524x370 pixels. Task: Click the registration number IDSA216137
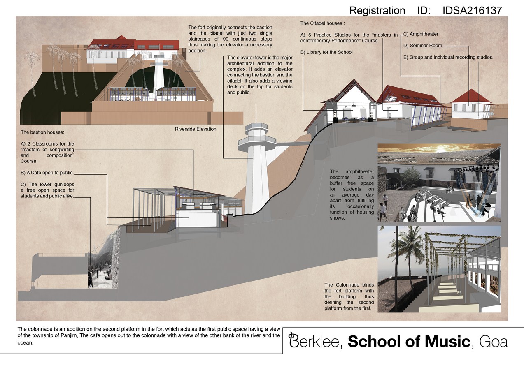pos(472,11)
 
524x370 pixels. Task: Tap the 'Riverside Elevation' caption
pos(196,129)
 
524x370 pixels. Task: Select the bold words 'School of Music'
pos(409,341)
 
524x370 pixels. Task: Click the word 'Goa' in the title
pos(494,342)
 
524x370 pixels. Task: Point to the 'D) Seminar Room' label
pos(423,46)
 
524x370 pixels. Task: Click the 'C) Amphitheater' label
pos(421,34)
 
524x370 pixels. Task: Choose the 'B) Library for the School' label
pos(326,52)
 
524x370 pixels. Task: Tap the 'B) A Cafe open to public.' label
pos(47,173)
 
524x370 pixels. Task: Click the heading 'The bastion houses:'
pos(42,132)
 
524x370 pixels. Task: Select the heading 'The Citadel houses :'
pos(323,23)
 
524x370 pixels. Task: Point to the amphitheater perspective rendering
pos(439,183)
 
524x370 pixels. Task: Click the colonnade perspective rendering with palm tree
pos(439,269)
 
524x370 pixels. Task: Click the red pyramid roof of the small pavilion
pos(470,96)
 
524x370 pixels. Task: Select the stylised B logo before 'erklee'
pos(293,340)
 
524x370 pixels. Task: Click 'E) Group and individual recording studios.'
pos(448,58)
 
